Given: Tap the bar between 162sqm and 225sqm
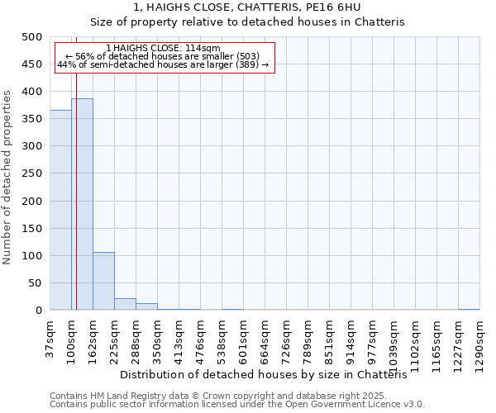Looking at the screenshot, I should [103, 281].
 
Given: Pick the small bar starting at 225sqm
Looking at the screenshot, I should [125, 304].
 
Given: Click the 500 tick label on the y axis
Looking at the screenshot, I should [31, 37].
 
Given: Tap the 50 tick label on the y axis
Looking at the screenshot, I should [35, 283].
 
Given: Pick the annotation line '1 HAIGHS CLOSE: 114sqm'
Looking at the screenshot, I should [164, 49].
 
